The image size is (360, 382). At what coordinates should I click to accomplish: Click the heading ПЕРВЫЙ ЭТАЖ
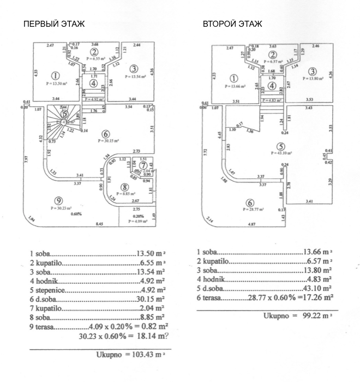tap(53, 24)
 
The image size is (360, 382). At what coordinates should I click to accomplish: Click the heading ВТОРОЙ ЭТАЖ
tap(232, 24)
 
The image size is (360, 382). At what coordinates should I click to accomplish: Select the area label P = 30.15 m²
tap(109, 141)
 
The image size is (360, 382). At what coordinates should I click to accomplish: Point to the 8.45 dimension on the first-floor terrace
tap(100, 224)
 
